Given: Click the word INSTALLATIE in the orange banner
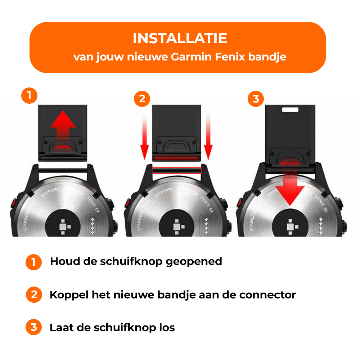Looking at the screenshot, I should [x=180, y=39].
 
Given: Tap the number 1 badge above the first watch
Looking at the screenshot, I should [x=29, y=96].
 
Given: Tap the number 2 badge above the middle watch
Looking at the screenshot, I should [x=142, y=99].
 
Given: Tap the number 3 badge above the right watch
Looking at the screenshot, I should [x=256, y=99].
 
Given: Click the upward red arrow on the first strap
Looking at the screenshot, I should [x=63, y=124].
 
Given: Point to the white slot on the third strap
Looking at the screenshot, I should [x=292, y=108].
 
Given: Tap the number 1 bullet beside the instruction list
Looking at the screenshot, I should [x=34, y=262].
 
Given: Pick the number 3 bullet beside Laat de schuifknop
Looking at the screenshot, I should [x=34, y=328].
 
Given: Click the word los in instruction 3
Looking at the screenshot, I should [x=167, y=328].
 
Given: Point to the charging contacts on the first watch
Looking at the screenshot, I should [x=94, y=226].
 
